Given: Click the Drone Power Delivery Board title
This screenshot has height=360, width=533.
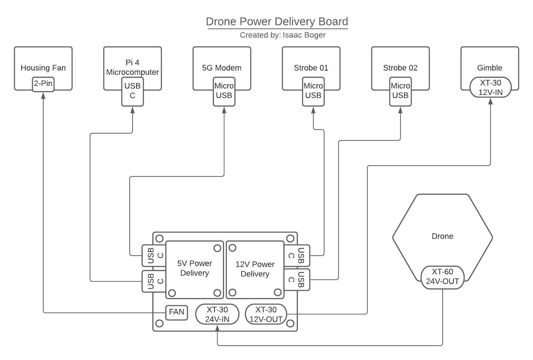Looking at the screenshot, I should (277, 22).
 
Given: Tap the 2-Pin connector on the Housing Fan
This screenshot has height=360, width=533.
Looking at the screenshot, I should (43, 84).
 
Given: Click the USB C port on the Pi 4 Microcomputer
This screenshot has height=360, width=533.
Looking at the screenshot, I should (133, 91).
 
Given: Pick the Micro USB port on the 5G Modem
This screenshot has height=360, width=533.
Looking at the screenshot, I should (224, 91).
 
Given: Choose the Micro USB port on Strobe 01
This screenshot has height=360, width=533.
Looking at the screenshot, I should (313, 91).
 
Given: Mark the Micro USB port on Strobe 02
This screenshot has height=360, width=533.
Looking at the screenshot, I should (400, 91).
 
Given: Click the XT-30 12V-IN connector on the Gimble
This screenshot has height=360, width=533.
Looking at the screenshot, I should (490, 87).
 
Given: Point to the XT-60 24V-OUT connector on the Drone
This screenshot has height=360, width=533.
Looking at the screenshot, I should (443, 277).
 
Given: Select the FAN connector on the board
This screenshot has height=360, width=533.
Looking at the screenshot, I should (176, 312).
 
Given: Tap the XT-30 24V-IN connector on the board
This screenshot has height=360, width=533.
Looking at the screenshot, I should (217, 314).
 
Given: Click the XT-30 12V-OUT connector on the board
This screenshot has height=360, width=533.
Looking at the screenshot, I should (266, 314).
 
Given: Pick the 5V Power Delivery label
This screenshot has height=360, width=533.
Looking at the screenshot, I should (194, 268).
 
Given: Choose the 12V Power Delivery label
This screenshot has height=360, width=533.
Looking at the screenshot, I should (255, 269).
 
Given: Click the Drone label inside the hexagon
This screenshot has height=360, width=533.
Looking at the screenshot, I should (442, 237).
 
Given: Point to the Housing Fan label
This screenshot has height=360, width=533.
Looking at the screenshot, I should (43, 68).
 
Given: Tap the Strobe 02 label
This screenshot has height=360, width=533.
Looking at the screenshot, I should (400, 68).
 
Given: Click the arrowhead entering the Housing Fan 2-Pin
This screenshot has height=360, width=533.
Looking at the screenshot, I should (43, 95).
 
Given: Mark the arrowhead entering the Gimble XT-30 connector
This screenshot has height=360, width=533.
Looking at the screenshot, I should (490, 100).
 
